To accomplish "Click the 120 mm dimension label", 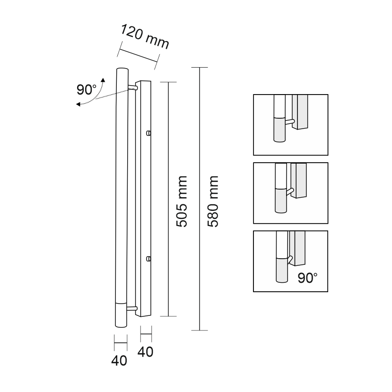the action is [x=145, y=36].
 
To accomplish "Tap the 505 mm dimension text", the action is [x=182, y=201].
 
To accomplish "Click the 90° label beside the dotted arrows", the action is [x=86, y=90].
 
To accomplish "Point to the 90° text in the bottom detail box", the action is [x=307, y=278].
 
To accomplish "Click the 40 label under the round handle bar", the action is [x=119, y=361].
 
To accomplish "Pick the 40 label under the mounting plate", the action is [x=145, y=352].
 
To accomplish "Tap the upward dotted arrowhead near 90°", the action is [x=103, y=80].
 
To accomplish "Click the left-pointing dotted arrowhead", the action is [x=78, y=104].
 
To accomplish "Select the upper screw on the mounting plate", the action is [x=148, y=133].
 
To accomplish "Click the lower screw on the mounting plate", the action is [x=148, y=259].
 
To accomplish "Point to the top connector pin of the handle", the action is [x=132, y=87].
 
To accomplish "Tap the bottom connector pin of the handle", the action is [x=132, y=309].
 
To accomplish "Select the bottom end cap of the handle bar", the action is [x=121, y=315].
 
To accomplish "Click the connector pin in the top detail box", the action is [x=290, y=122].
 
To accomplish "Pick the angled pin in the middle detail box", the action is [x=290, y=191].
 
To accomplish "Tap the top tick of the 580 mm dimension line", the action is [x=200, y=68].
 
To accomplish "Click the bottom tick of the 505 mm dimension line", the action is [x=168, y=316].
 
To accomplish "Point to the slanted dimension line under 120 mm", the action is [x=138, y=55].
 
